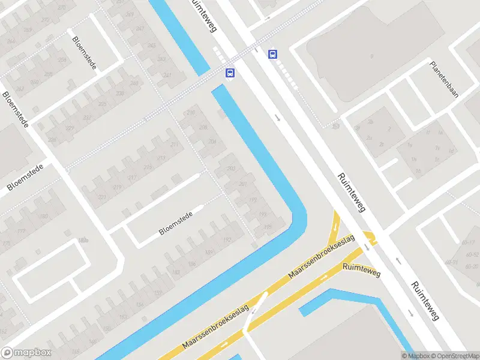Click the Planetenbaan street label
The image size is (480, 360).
(444, 79)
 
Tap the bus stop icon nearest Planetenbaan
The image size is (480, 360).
(273, 54)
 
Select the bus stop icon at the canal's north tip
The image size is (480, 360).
(230, 73)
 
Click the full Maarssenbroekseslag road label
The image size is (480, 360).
(322, 256)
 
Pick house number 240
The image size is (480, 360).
(134, 83)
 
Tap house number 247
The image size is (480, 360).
(167, 75)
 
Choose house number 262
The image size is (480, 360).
(20, 88)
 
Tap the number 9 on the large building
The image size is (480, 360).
(372, 56)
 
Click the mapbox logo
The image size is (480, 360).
(26, 352)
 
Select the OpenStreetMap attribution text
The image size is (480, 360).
(453, 356)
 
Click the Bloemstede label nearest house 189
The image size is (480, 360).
(176, 223)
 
